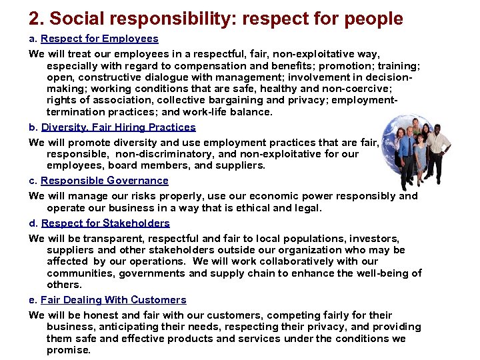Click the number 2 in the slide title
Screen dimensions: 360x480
[x=35, y=18]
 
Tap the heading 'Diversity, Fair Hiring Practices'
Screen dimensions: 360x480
[x=119, y=127]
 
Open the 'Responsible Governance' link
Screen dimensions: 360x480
[x=105, y=180]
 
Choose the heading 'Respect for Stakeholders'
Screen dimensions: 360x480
[x=105, y=223]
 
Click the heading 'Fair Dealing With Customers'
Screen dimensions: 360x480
[x=113, y=299]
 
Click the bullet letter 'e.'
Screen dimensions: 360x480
[x=33, y=299]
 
